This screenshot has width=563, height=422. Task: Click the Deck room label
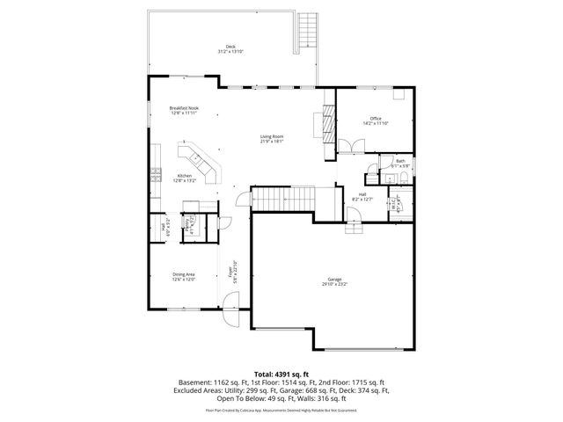(x=230, y=47)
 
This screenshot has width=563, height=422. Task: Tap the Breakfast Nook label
(x=184, y=108)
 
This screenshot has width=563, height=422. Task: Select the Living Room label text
(x=271, y=135)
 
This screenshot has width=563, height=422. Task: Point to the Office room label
(x=375, y=118)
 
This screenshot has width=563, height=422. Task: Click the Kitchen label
(x=185, y=176)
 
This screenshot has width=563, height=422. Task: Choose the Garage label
(x=334, y=280)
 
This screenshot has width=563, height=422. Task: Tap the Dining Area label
(x=184, y=274)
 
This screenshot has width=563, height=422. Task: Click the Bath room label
(x=400, y=161)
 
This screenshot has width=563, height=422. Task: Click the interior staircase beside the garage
(x=283, y=200)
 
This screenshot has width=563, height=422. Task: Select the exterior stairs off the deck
(x=307, y=32)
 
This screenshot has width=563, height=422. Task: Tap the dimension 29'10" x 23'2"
(x=334, y=284)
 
